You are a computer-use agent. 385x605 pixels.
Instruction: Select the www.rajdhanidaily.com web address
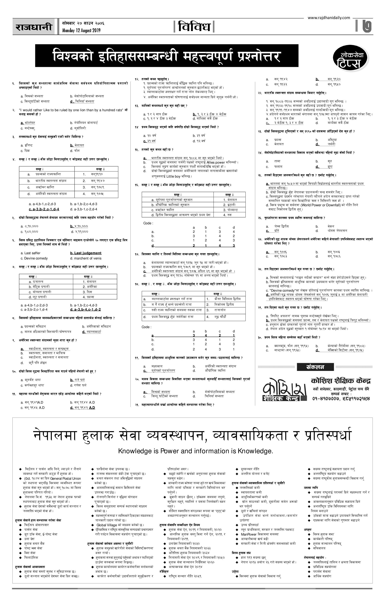[329, 18]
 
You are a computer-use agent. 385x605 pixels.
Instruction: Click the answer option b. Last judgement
[86, 253]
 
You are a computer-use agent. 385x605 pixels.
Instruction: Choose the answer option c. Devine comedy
[34, 258]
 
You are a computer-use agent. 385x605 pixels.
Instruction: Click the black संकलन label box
[315, 367]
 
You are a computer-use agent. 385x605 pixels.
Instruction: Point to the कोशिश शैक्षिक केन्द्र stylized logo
[284, 390]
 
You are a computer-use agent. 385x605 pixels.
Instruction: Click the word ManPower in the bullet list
[249, 534]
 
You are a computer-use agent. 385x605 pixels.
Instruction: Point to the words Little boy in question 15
[173, 176]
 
